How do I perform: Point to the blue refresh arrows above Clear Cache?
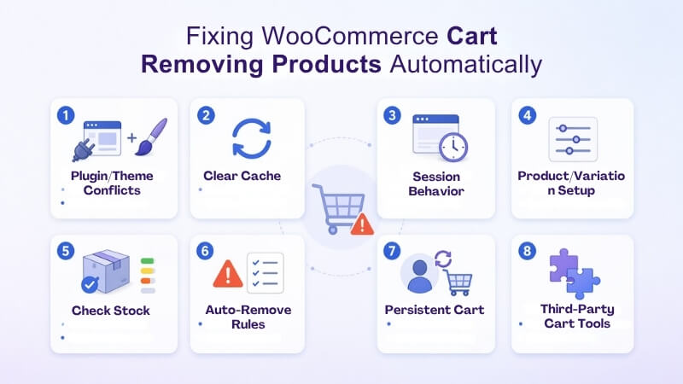click(250, 139)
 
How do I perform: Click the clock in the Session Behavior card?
click(452, 147)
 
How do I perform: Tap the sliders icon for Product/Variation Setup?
click(572, 139)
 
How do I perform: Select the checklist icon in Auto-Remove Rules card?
click(265, 273)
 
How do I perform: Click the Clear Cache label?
click(242, 176)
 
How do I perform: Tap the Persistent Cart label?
click(435, 309)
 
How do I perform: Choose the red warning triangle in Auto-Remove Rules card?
click(227, 274)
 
